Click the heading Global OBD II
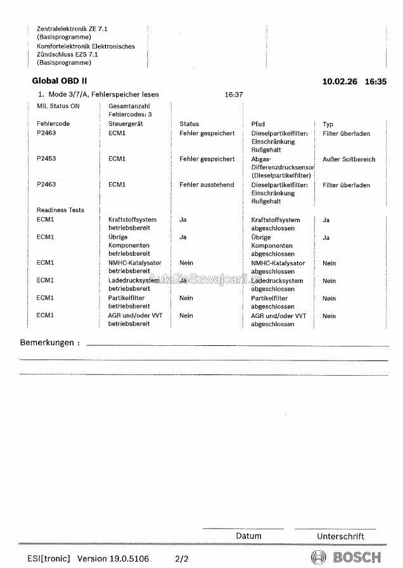(60, 81)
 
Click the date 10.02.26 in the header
(338, 81)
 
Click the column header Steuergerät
(125, 124)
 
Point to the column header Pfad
(258, 124)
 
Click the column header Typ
(328, 124)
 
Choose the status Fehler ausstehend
(207, 185)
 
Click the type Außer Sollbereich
(349, 159)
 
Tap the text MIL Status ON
(58, 105)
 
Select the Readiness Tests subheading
(60, 210)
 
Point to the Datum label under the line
(248, 536)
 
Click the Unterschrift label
(340, 536)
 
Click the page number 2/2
(182, 558)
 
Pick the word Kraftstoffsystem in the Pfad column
(275, 220)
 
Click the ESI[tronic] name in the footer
(48, 558)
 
